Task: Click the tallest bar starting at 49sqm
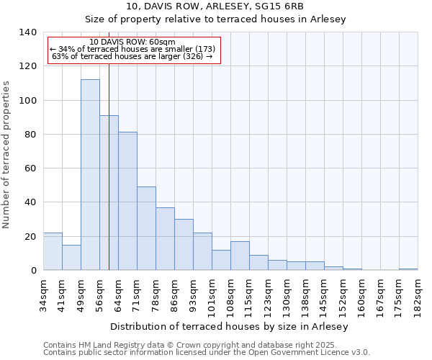90,175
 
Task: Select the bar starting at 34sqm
53,251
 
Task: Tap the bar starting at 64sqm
127,201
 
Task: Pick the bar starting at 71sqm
146,228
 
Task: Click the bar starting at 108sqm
240,256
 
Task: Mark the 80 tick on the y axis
30,135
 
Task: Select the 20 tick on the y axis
30,236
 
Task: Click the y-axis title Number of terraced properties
7,154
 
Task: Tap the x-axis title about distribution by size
230,326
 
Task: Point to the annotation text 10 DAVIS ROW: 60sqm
132,42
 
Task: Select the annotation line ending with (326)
132,56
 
